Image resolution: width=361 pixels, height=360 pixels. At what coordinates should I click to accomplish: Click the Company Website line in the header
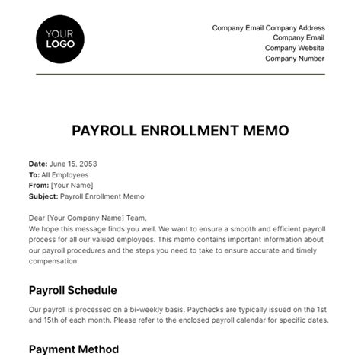(295, 48)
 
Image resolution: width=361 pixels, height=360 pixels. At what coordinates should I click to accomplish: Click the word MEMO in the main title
(264, 130)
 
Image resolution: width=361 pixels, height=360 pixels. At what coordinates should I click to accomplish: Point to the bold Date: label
(37, 164)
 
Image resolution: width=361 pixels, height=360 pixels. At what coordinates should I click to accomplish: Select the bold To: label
(34, 174)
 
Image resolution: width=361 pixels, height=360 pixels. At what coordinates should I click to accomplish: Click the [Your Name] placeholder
(72, 185)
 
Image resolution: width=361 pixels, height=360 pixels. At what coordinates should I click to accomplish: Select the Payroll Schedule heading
(72, 289)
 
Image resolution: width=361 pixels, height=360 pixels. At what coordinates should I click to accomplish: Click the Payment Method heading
(73, 349)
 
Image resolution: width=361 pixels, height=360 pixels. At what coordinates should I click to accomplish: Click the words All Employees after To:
(65, 174)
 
